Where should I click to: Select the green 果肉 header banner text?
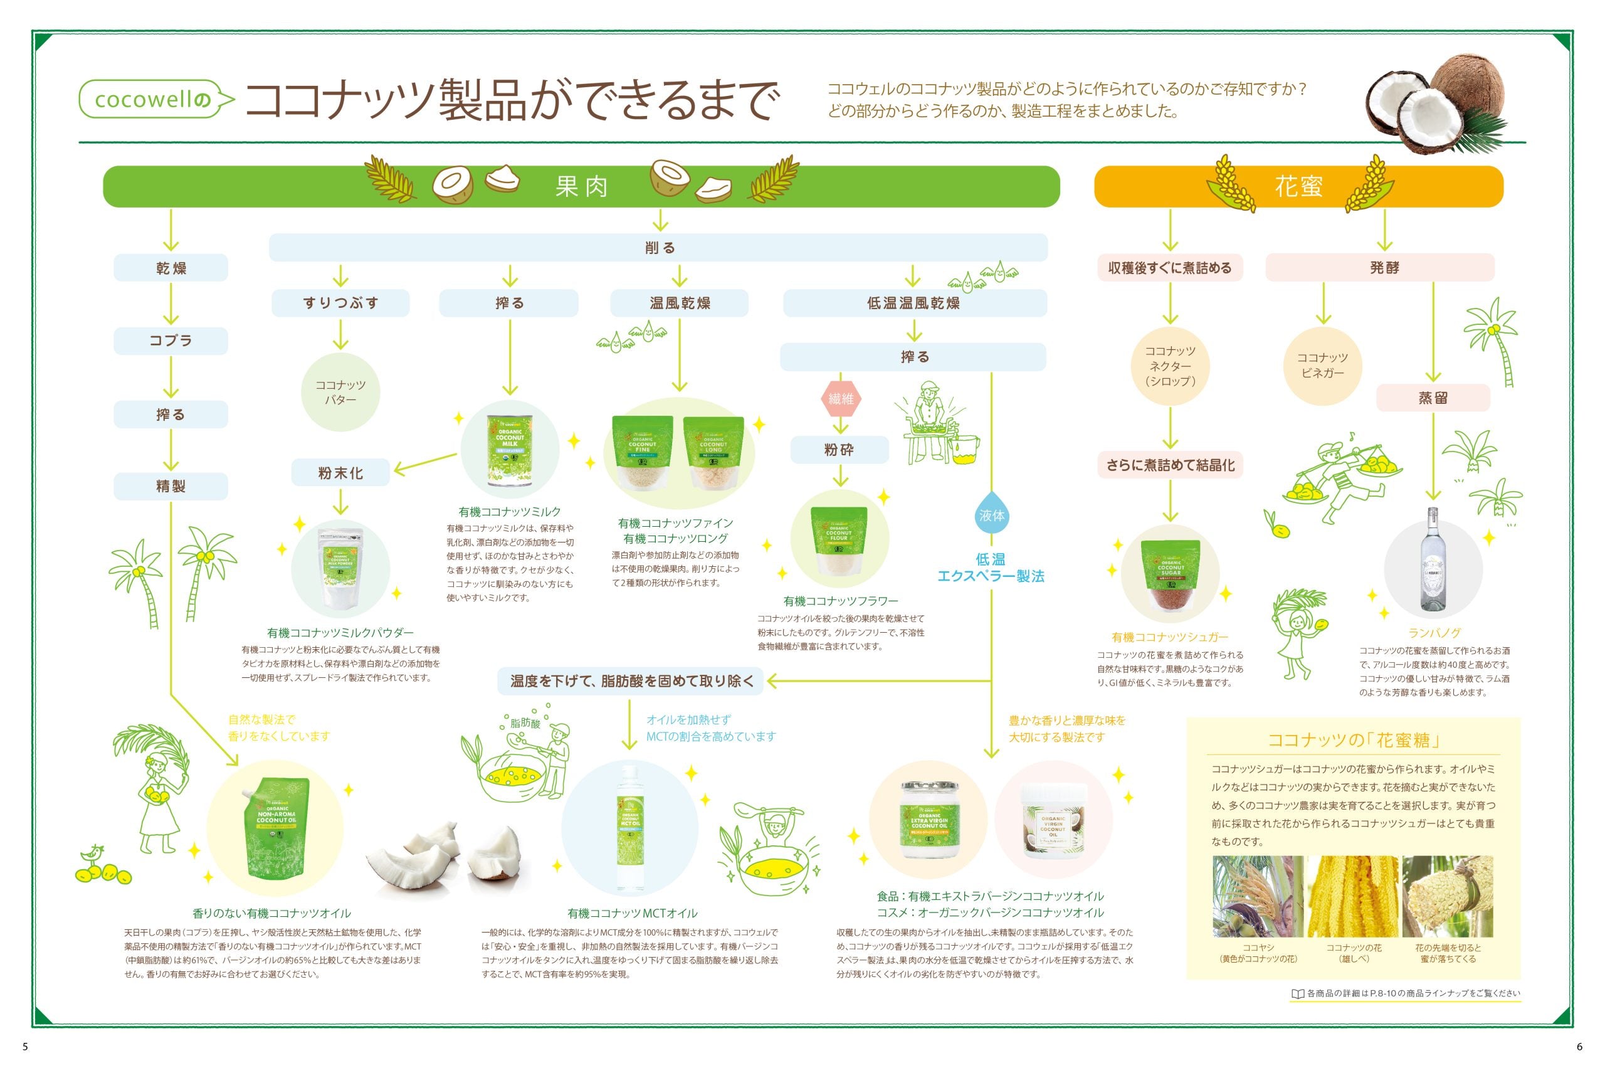click(582, 186)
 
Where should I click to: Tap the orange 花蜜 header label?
click(1298, 186)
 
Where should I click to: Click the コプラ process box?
click(171, 341)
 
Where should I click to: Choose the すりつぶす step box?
click(340, 303)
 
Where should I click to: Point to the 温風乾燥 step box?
click(679, 303)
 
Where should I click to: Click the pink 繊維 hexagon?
click(840, 398)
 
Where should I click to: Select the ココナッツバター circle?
click(340, 392)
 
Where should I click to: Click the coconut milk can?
click(509, 450)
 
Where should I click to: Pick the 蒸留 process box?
click(1433, 398)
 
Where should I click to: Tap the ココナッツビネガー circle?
click(1322, 365)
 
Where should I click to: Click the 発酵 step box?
click(1383, 267)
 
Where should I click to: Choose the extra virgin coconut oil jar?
click(929, 820)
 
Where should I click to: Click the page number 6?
click(1579, 1047)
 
